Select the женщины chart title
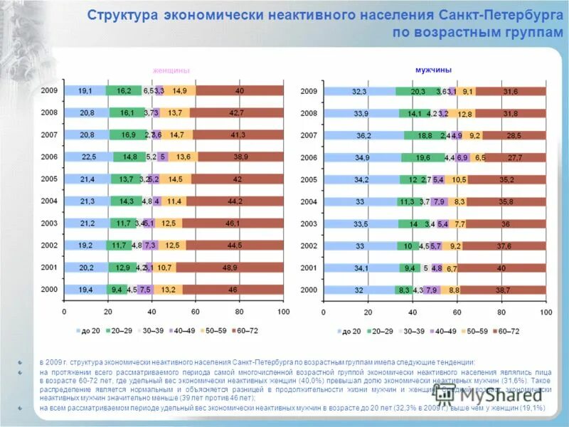pos(171,70)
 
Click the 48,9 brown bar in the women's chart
pos(229,268)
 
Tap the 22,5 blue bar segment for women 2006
pos(89,157)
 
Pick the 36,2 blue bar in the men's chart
pos(363,135)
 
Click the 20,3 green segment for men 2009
pos(418,91)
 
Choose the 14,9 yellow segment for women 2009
pos(179,91)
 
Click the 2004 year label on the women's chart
pos(49,201)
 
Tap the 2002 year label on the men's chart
pos(309,246)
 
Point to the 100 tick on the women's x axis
pos(283,312)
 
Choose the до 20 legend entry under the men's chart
pos(346,332)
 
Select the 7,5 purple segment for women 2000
pos(145,290)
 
